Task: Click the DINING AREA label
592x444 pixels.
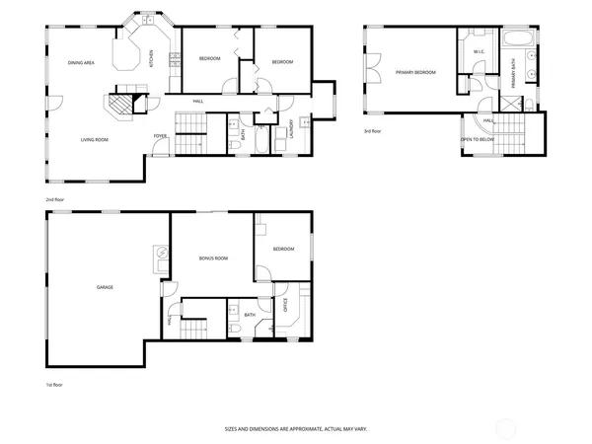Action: point(81,63)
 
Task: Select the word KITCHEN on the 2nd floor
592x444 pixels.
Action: point(151,58)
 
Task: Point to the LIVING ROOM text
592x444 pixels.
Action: point(94,140)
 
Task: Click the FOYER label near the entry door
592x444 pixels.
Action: point(159,135)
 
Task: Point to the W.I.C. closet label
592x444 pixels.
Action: point(478,51)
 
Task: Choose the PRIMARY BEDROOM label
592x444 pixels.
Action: point(415,72)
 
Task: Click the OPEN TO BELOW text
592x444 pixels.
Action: point(478,139)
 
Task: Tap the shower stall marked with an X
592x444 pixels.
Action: point(510,104)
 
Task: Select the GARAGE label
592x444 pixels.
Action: point(105,287)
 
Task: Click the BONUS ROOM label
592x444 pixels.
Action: point(213,258)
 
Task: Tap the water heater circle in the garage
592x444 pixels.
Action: point(160,254)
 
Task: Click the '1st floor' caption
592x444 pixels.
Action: point(55,384)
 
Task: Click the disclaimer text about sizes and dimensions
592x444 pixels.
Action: point(295,429)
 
